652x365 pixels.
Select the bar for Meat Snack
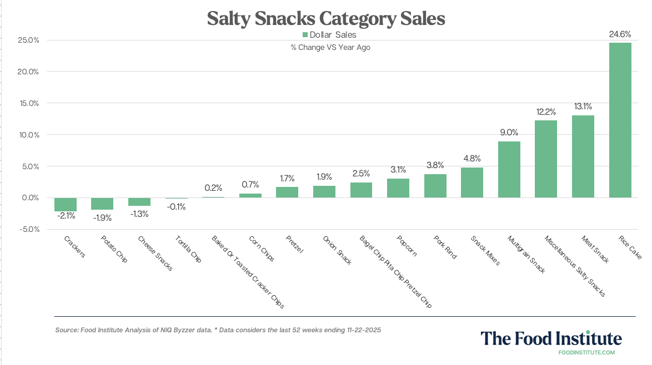[583, 156]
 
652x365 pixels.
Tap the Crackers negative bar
[65, 204]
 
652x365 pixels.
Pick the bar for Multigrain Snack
[509, 169]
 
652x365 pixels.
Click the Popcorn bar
[398, 188]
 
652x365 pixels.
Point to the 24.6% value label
[620, 34]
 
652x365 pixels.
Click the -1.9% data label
[102, 218]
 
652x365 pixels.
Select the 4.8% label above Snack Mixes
[472, 158]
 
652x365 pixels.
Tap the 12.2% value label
[546, 111]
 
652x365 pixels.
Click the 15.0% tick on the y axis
[27, 103]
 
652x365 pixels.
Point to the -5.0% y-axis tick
[27, 229]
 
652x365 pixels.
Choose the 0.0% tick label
[27, 197]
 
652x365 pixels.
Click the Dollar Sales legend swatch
[304, 35]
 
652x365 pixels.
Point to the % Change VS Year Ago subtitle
[330, 48]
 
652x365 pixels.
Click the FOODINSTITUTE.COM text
[586, 352]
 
